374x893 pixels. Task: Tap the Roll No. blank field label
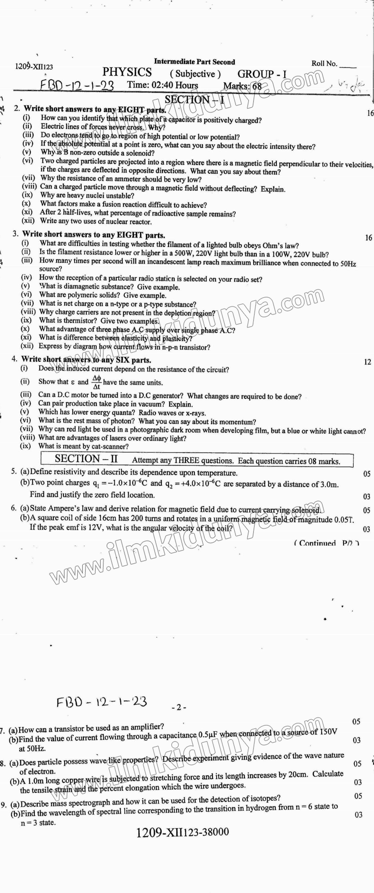tap(324, 64)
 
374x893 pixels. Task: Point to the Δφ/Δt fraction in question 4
tap(97, 382)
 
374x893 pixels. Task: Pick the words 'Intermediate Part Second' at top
tap(194, 62)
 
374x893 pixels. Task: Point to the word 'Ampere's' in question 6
tap(62, 509)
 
